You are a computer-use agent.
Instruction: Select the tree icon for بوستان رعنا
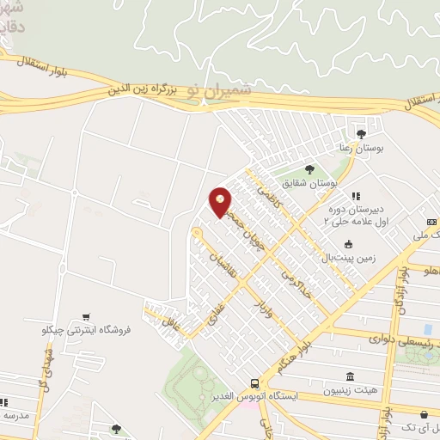click(x=361, y=133)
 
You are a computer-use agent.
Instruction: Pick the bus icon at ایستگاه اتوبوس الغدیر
click(x=254, y=383)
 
